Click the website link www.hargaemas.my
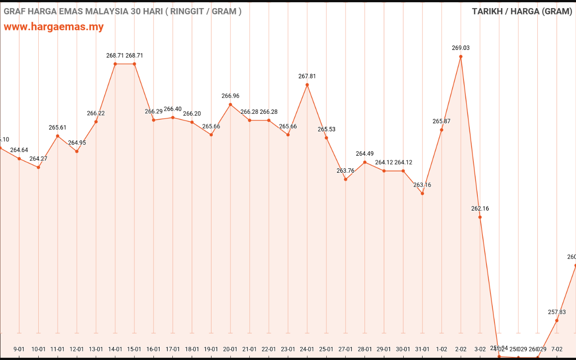54,27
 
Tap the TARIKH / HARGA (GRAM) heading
522,11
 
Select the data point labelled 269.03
461,57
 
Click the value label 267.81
307,76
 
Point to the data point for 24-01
307,85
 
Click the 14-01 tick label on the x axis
115,349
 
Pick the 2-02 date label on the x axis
461,349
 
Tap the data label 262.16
480,209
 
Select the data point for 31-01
422,193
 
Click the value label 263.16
422,185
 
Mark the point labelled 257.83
557,320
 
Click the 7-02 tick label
557,349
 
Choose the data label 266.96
230,96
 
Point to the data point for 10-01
38,167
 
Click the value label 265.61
58,128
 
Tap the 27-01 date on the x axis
346,349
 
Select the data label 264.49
364,154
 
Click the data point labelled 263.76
346,179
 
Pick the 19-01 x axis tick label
211,349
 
